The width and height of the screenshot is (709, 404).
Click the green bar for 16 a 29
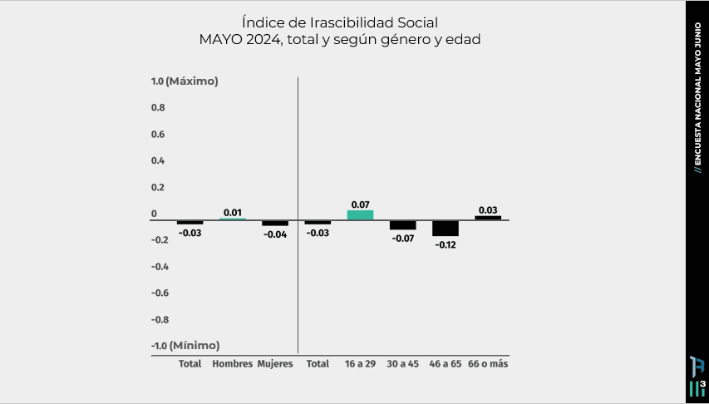point(360,214)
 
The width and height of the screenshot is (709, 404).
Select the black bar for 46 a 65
point(446,229)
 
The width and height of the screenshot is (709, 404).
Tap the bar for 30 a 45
point(403,225)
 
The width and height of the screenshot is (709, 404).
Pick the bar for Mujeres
point(275,223)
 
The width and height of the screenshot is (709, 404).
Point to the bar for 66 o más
point(488,218)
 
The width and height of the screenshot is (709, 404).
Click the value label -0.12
point(445,244)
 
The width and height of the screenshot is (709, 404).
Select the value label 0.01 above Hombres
point(233,212)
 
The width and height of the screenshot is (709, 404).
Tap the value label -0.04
point(275,234)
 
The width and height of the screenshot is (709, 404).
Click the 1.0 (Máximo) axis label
point(185,81)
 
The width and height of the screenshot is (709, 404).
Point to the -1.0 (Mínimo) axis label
point(185,346)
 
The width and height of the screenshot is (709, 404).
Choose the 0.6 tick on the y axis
point(158,134)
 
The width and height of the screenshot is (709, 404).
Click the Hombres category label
point(233,364)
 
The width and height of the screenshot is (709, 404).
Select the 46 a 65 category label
point(446,364)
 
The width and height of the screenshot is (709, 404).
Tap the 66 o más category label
point(488,364)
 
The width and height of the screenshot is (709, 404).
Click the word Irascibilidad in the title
point(340,22)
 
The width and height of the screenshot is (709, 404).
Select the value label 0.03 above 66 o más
point(488,210)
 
